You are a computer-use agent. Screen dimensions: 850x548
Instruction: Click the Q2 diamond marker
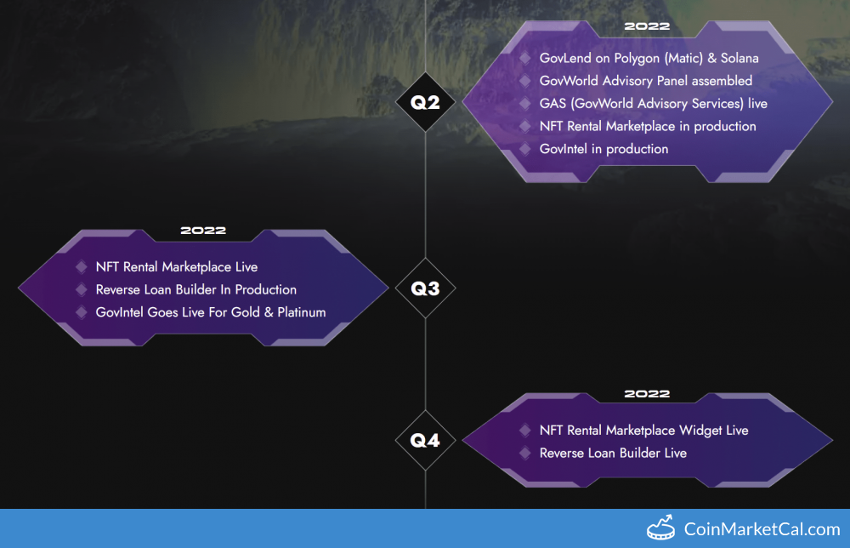coord(425,102)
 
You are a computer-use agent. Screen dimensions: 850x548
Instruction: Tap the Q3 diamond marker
coord(425,288)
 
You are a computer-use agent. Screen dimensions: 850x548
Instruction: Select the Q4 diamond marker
coord(425,440)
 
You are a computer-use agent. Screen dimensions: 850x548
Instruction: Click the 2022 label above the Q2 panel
coord(647,26)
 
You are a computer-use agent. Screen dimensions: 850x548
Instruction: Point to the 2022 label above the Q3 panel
coord(203,231)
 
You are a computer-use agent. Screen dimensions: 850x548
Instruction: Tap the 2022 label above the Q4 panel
coord(647,394)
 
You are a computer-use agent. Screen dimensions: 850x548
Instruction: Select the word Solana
coord(739,58)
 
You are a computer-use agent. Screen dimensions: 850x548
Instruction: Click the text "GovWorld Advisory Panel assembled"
coord(646,81)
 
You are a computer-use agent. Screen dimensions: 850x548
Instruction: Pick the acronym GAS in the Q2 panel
coord(552,103)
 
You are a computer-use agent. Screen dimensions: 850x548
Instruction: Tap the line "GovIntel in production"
coord(603,149)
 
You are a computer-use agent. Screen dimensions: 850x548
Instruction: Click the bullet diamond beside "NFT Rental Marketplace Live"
coord(82,266)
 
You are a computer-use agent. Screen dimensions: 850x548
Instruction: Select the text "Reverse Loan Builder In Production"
coord(196,289)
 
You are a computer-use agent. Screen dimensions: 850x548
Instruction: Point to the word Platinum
coord(302,312)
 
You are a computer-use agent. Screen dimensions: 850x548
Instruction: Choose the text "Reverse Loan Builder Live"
coord(613,453)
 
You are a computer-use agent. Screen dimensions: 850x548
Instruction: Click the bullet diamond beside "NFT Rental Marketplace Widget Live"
coord(524,431)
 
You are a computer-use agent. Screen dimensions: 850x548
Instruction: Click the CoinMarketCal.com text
coord(762,529)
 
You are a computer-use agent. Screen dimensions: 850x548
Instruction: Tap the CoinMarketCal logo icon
coord(660,528)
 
